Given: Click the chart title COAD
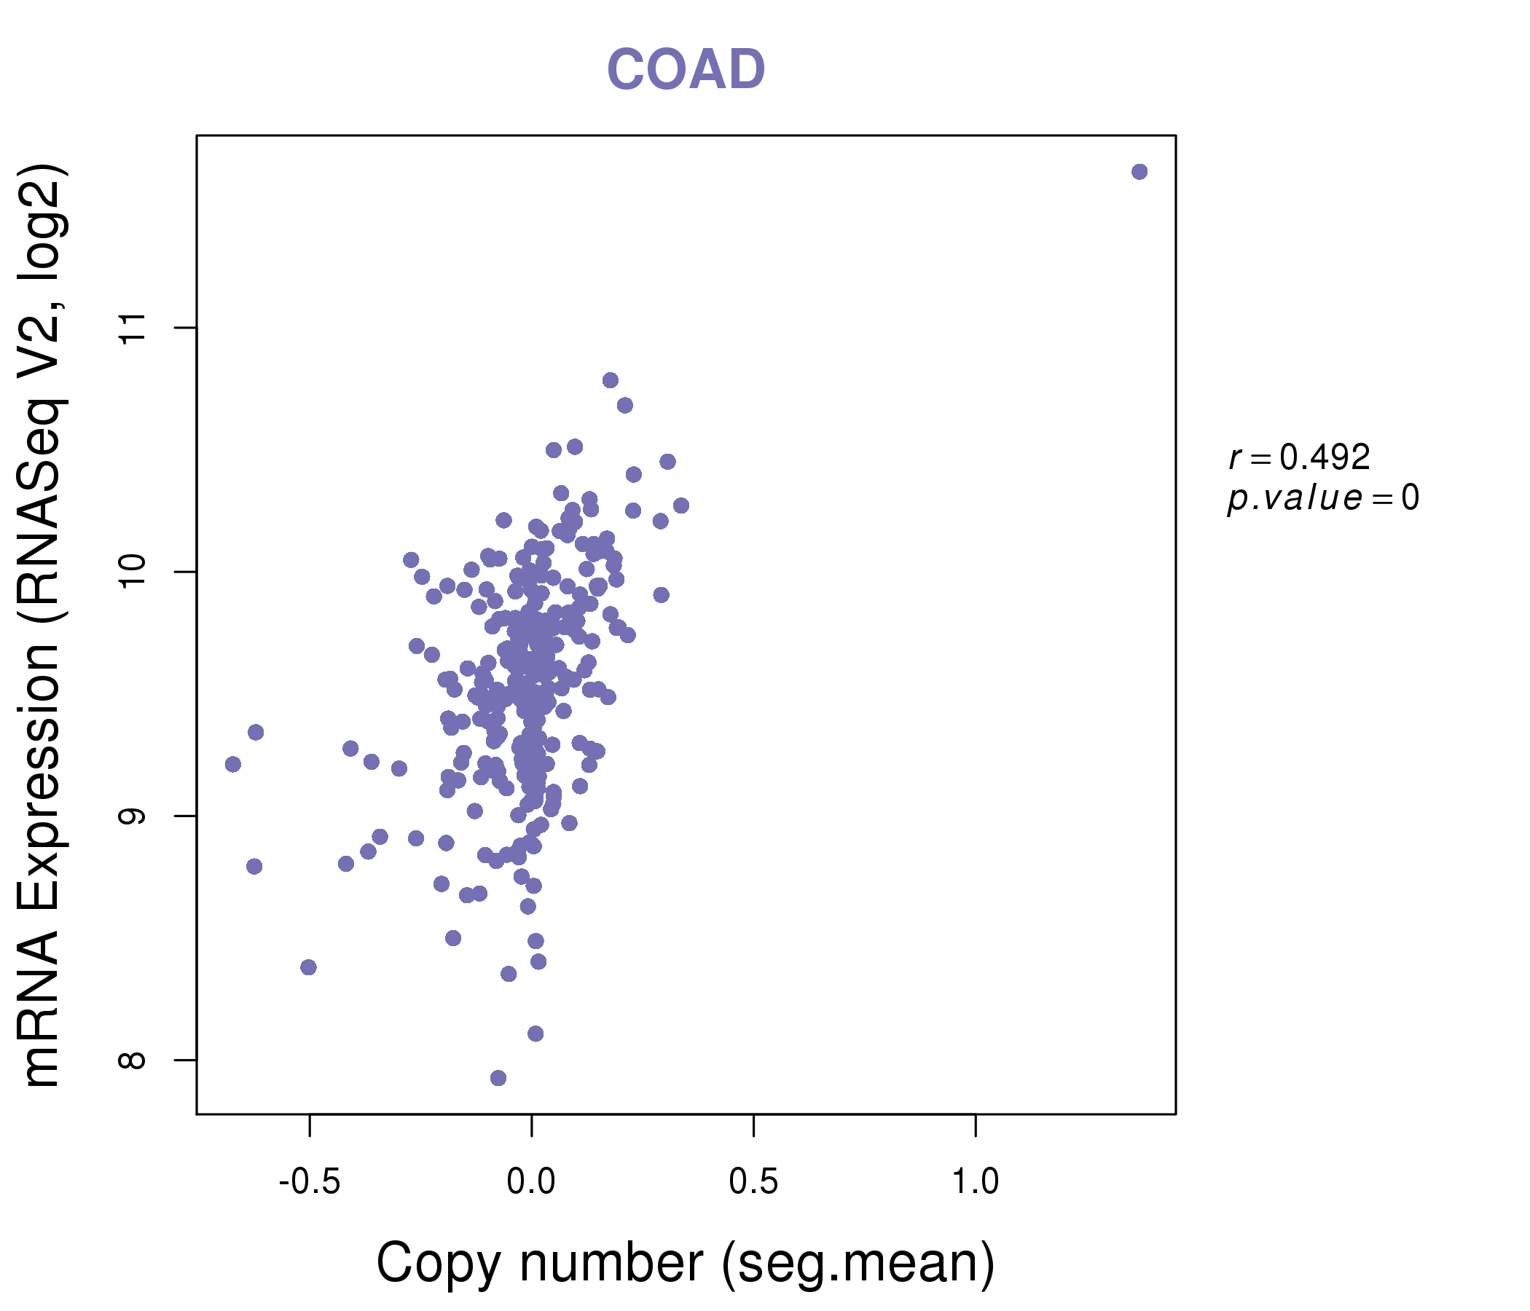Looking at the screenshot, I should pos(686,70).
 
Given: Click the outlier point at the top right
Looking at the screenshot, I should pos(1139,172).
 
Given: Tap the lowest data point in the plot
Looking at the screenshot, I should pos(498,1078).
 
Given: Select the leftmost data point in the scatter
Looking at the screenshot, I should pos(232,764).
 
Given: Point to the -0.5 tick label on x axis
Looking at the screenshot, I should pos(309,1182).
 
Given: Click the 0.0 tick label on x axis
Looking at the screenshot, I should pos(531,1182).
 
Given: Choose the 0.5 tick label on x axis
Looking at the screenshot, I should pos(753,1182).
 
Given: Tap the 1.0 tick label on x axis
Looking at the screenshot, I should pos(975,1182).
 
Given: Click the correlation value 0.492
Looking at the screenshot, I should pos(1325,457).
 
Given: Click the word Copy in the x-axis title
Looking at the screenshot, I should pos(439,1264).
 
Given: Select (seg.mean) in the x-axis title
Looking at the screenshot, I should pos(858,1264).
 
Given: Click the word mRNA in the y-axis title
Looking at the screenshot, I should pos(41,1007).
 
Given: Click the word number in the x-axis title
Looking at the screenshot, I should pos(611,1264).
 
